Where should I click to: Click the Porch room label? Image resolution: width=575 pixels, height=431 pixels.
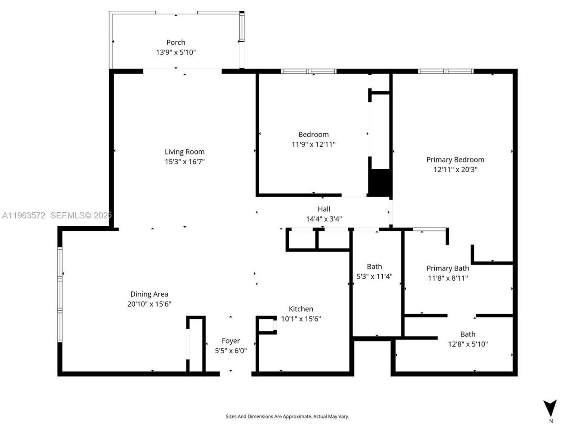(176, 42)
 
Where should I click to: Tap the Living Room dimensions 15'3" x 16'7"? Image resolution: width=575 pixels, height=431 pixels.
(185, 162)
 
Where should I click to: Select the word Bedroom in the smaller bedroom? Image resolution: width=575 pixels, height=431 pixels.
(313, 134)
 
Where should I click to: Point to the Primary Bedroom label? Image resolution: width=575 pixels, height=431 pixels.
(455, 159)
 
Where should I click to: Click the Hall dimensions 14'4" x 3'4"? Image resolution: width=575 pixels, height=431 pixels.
(323, 219)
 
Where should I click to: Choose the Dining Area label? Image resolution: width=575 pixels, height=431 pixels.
(149, 294)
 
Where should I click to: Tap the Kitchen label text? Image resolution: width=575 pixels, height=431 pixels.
(301, 309)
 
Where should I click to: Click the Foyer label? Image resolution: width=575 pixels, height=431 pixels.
(230, 341)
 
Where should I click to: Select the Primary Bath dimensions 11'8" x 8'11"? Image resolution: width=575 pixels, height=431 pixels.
(447, 278)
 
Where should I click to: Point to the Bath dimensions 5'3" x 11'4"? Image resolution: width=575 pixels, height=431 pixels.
(374, 277)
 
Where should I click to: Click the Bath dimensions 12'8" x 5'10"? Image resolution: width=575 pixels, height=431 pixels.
(468, 344)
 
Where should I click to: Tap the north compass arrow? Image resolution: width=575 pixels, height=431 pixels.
(550, 408)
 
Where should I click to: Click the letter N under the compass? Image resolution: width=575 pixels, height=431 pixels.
(551, 421)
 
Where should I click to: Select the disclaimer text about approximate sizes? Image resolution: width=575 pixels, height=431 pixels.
(287, 417)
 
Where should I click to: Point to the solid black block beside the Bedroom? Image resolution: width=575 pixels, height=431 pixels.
(380, 182)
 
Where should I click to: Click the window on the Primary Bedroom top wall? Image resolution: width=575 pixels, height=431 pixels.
(446, 71)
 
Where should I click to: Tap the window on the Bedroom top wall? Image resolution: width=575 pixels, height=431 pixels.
(309, 71)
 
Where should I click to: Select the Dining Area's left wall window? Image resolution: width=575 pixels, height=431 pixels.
(60, 294)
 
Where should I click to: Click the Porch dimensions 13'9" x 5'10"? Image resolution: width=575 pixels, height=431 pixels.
(176, 53)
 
